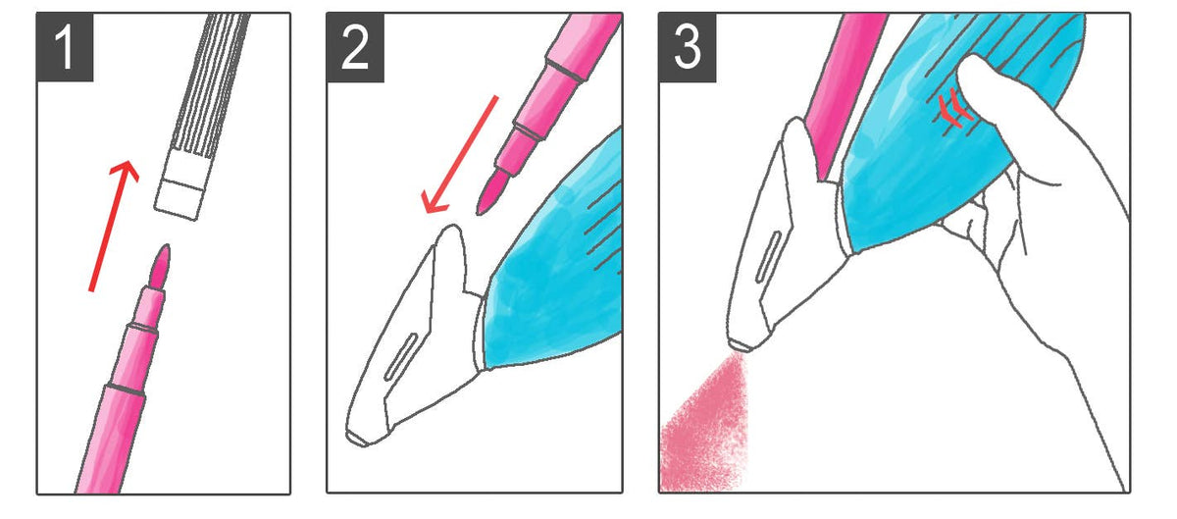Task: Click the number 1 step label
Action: click(65, 47)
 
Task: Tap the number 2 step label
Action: click(355, 47)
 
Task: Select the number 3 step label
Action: click(688, 47)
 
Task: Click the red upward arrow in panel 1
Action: click(114, 226)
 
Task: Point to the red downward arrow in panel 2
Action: click(461, 155)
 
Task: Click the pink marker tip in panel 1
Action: click(160, 266)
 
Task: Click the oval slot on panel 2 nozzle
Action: click(400, 357)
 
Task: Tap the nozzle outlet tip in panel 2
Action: click(357, 438)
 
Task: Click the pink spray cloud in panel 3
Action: click(704, 426)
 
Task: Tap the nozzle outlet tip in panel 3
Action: click(740, 345)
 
